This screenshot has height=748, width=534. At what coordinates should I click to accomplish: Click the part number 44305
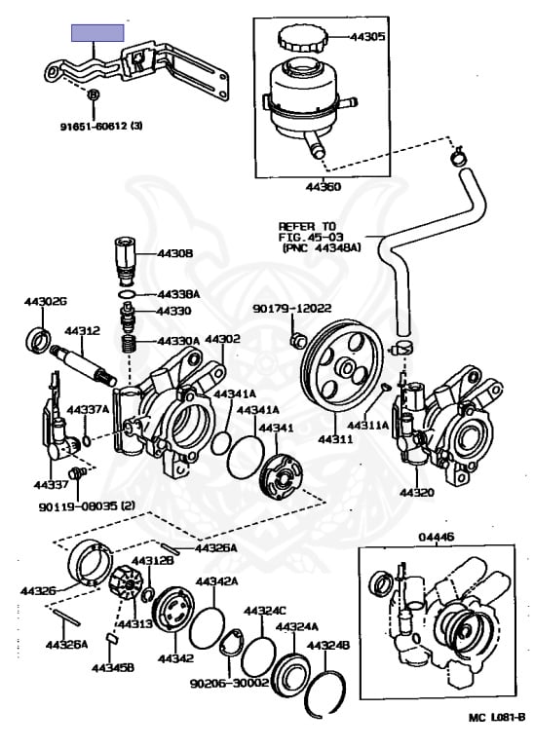pyautogui.click(x=367, y=37)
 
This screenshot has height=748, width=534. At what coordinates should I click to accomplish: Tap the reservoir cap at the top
pyautogui.click(x=303, y=38)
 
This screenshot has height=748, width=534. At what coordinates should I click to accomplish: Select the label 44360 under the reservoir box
pyautogui.click(x=324, y=187)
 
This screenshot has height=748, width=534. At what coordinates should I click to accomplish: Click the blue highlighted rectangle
pyautogui.click(x=97, y=33)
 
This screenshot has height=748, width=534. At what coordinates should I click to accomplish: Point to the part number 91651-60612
pyautogui.click(x=94, y=127)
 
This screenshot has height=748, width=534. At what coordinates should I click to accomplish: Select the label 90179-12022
pyautogui.click(x=292, y=309)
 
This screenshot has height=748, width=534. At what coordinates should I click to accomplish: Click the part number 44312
pyautogui.click(x=83, y=330)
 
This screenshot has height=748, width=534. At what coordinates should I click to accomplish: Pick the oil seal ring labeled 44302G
pyautogui.click(x=38, y=340)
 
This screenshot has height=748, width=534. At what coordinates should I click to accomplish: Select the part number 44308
pyautogui.click(x=175, y=253)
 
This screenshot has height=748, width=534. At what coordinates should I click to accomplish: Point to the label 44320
pyautogui.click(x=417, y=492)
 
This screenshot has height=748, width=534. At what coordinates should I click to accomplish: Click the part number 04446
pyautogui.click(x=437, y=538)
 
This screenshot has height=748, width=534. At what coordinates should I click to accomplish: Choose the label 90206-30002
pyautogui.click(x=230, y=684)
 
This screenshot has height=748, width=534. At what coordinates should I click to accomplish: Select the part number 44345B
pyautogui.click(x=113, y=667)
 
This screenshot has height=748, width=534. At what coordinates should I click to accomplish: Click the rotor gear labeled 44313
pyautogui.click(x=126, y=582)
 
